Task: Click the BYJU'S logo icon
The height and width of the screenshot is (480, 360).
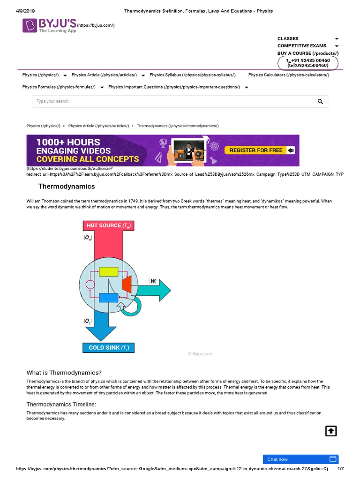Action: pos(31,25)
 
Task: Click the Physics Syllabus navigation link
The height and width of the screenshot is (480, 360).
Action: pos(193,75)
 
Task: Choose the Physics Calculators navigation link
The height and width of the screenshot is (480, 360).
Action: pos(289,75)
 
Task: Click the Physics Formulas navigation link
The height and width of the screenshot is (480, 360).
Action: pos(59,87)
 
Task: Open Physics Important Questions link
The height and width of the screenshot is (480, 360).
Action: pos(174,87)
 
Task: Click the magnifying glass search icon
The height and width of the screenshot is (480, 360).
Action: pos(320,101)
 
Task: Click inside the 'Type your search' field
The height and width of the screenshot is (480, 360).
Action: pos(169,101)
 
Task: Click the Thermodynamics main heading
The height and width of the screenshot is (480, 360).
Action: pos(67,187)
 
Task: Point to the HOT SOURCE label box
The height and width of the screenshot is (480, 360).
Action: pos(108,225)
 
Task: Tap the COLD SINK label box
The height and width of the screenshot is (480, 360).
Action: pos(108,348)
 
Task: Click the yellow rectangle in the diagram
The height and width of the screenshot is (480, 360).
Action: pos(108,271)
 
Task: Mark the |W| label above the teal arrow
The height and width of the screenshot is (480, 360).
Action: pos(153,281)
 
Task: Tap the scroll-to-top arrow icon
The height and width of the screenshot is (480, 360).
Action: pos(331,431)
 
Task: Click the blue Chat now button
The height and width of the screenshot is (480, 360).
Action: pos(300,459)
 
